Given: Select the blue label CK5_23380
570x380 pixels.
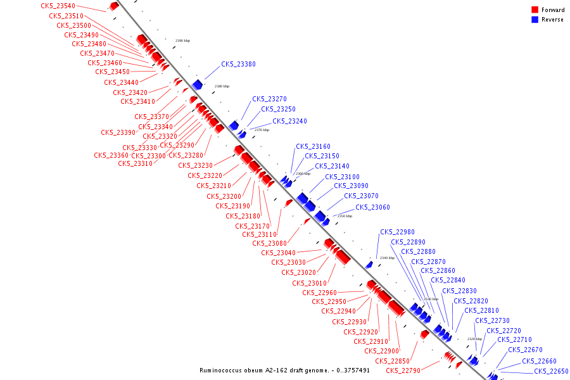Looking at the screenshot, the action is pos(238,65).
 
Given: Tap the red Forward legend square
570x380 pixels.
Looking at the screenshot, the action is pos(535,10).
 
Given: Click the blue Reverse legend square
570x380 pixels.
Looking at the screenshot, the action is pos(535,20).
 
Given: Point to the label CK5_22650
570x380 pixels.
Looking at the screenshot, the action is pos(551,372).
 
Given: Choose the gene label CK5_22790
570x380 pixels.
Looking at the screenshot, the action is pos(403,371).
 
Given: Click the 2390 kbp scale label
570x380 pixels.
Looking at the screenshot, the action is pos(182,41).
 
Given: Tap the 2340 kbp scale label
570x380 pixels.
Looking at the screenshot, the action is pos(386,258).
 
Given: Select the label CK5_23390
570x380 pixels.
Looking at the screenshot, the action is pos(118,133).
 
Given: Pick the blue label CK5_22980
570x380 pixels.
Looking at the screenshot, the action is pos(397,232).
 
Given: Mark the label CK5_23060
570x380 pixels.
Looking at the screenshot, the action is pos(372,208).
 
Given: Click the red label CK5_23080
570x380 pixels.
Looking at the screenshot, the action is pos(269,244).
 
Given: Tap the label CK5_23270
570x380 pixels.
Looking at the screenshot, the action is pos(269,99).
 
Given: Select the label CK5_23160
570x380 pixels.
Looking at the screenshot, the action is pos(313,147).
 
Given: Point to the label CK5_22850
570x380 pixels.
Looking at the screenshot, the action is pos(392,362).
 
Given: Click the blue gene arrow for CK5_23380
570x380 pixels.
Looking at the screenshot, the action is pos(198,85).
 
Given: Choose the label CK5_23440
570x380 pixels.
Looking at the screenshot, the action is pos(121,82).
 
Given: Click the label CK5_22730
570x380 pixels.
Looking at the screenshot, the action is pos(491,321).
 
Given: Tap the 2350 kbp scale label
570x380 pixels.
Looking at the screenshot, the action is pos(345,216).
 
